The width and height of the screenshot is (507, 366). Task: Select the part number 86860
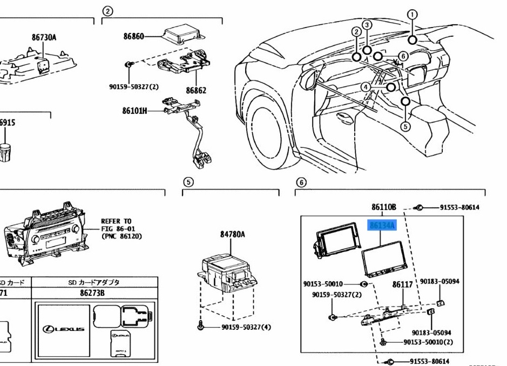133,36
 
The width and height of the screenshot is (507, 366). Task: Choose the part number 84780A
232,234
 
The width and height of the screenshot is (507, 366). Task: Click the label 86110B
384,207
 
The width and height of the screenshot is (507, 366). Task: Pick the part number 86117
402,284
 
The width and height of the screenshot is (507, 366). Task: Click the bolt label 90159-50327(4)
246,327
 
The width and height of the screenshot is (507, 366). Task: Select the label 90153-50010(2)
428,342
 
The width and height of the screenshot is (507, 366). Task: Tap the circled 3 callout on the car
367,25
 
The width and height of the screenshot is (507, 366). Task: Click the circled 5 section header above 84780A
187,182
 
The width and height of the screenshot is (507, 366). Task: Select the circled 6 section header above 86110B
301,182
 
